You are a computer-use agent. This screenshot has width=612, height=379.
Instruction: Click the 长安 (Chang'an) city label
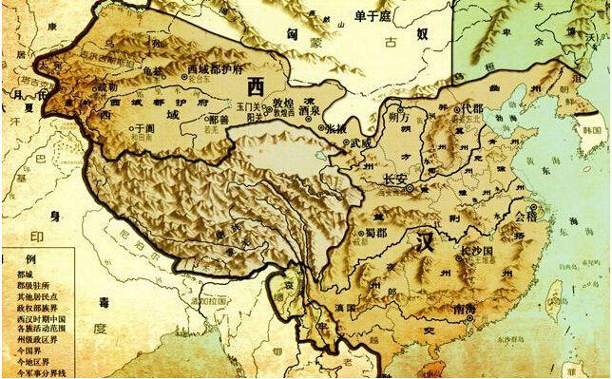394,180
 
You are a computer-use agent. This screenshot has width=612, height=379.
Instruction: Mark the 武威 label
360,142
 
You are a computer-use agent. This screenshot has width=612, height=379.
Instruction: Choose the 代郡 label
472,109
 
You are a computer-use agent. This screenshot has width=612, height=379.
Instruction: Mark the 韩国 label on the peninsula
594,127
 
